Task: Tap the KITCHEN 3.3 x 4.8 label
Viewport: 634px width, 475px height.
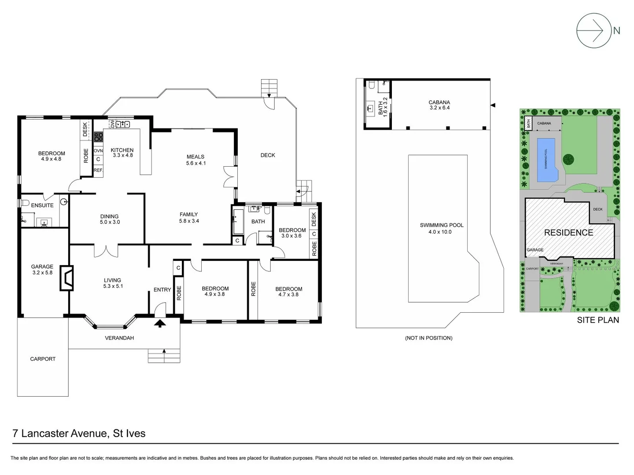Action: point(122,153)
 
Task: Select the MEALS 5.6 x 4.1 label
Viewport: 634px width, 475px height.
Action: point(195,160)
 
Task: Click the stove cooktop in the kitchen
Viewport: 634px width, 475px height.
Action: point(98,137)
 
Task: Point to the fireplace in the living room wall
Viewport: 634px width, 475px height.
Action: point(67,278)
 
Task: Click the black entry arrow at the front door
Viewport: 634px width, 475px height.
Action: point(160,324)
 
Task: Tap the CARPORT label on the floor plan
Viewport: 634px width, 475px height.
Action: point(43,359)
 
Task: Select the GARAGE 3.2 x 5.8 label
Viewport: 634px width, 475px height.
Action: point(42,270)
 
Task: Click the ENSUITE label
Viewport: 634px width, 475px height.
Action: point(42,205)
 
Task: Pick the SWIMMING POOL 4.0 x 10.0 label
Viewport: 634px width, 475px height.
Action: point(442,228)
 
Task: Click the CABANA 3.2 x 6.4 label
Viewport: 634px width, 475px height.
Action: point(439,105)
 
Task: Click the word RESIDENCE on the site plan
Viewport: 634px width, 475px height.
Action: point(568,233)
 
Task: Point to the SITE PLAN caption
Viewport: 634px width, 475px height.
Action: point(598,320)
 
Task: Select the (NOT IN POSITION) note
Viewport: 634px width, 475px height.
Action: point(428,338)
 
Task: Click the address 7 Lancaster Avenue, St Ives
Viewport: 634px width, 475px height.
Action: point(79,433)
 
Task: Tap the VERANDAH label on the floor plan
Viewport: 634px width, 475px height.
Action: point(119,338)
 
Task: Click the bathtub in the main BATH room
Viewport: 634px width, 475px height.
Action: point(238,222)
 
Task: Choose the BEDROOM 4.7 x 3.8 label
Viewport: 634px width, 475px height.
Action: point(288,292)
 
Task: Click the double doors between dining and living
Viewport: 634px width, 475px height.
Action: point(106,251)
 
